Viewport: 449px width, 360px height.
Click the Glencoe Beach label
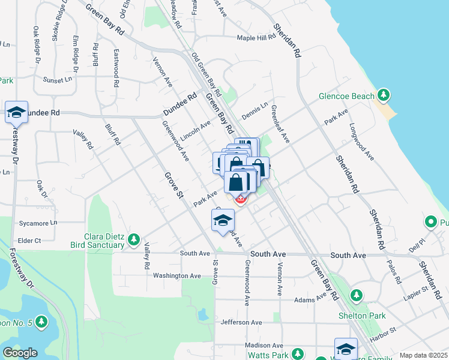click(x=346, y=96)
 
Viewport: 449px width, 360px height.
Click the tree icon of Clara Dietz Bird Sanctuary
click(x=134, y=240)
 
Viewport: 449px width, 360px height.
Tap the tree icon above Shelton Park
click(x=357, y=295)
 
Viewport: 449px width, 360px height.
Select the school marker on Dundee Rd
click(x=17, y=112)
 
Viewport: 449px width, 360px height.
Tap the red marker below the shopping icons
click(x=240, y=199)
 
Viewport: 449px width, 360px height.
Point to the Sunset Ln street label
click(x=57, y=79)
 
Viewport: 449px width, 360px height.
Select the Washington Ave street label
click(x=176, y=276)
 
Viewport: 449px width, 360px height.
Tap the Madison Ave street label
click(x=264, y=346)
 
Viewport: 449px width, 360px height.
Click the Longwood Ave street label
click(x=362, y=142)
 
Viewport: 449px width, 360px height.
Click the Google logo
click(x=20, y=353)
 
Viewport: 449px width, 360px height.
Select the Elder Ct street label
click(x=29, y=241)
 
